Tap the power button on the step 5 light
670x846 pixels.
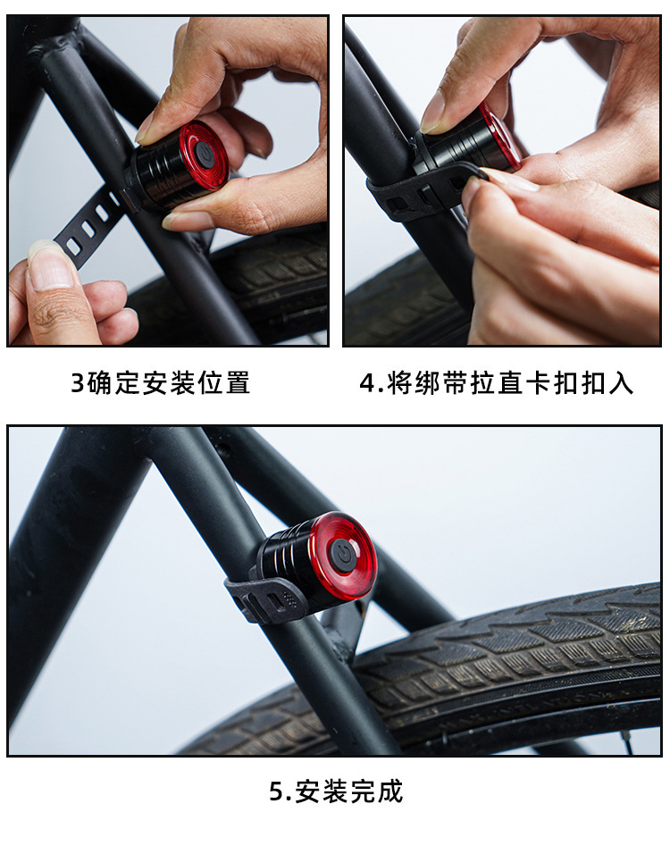342,555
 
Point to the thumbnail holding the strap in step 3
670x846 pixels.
45,260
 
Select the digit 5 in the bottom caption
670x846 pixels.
276,792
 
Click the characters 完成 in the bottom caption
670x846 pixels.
379,792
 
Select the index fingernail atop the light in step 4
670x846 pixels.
435,112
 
